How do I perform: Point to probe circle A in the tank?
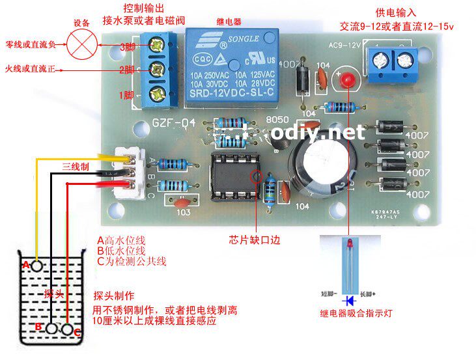coord(37,266)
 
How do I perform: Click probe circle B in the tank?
coord(51,328)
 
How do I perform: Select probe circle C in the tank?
coord(68,329)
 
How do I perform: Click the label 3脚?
coord(127,48)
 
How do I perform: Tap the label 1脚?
coord(127,95)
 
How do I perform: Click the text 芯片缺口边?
coord(255,239)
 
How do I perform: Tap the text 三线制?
coord(76,166)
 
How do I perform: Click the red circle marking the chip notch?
coord(256,176)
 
